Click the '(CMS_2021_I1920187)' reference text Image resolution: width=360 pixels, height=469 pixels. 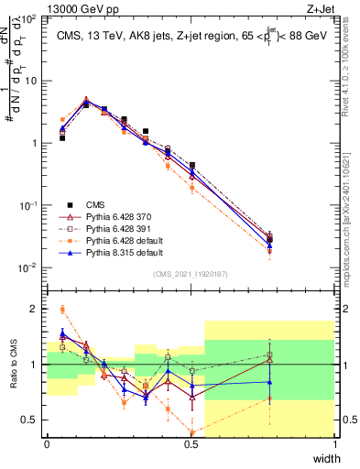click(191, 274)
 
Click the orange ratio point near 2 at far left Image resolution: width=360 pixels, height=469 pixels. click(62, 309)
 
